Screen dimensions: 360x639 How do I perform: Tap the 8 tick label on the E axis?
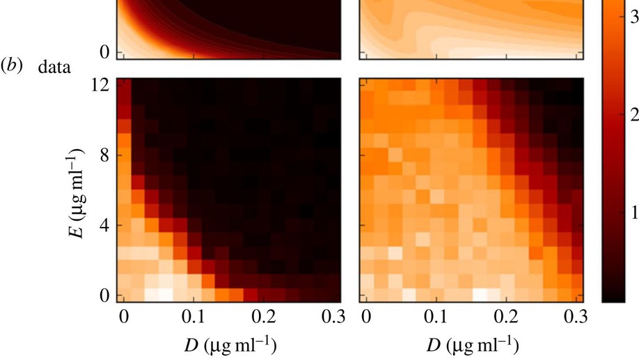coord(104,156)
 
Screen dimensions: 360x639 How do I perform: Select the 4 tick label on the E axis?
coord(104,226)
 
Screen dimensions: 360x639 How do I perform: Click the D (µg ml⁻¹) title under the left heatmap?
coord(229,343)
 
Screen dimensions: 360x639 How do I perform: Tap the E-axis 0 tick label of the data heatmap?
coord(104,295)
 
